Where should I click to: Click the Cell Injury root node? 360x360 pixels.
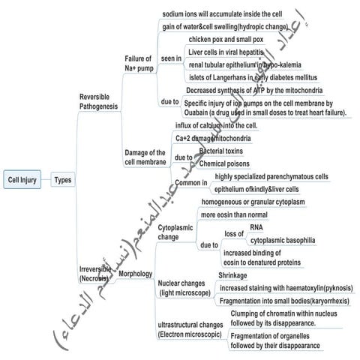(x=23, y=180)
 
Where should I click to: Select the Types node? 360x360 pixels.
(x=62, y=180)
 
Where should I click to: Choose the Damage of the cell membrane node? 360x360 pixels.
(x=145, y=158)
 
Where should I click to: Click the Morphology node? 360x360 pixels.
(x=135, y=274)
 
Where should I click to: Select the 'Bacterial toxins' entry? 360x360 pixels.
(x=226, y=151)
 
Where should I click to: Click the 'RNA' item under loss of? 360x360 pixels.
(x=256, y=228)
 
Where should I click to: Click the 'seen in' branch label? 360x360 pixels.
(x=171, y=58)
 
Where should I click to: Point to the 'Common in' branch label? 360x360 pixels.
(x=190, y=183)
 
